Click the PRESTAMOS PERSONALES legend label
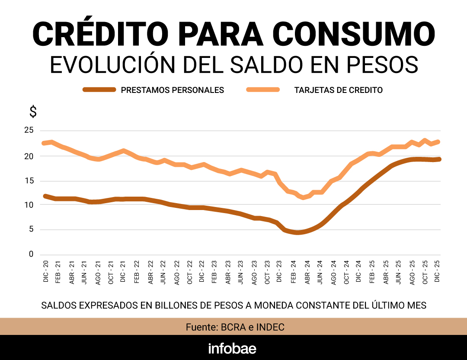tap(173, 90)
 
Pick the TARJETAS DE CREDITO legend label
tap(339, 90)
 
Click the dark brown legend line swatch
tap(99, 90)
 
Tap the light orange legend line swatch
tap(263, 90)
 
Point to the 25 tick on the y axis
tap(29, 131)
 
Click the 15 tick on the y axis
tap(29, 181)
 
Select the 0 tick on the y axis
tap(31, 255)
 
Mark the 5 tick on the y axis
tap(31, 229)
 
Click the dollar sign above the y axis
tap(33, 112)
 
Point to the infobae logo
tap(232, 348)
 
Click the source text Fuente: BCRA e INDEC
tap(235, 327)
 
